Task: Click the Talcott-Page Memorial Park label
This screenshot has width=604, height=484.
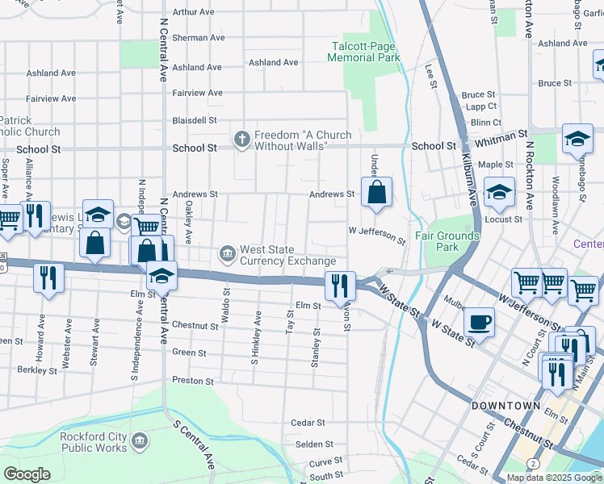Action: click(x=363, y=52)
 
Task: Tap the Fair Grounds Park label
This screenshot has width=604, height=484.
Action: click(x=447, y=241)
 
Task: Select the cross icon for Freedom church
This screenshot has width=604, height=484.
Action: click(x=241, y=140)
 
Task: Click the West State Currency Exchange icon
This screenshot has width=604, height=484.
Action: click(x=228, y=255)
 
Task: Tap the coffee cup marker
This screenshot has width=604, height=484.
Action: click(x=479, y=322)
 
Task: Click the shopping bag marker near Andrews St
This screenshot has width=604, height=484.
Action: click(x=376, y=193)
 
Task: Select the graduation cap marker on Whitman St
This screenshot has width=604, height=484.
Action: click(x=577, y=138)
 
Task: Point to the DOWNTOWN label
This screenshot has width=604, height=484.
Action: click(x=506, y=406)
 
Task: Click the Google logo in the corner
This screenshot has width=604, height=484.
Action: click(x=27, y=474)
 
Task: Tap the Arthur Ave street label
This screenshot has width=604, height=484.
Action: click(x=194, y=12)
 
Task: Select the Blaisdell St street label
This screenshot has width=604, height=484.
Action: click(x=195, y=120)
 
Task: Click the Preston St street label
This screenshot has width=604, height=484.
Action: click(x=192, y=380)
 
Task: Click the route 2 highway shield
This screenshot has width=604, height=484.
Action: click(x=533, y=463)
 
